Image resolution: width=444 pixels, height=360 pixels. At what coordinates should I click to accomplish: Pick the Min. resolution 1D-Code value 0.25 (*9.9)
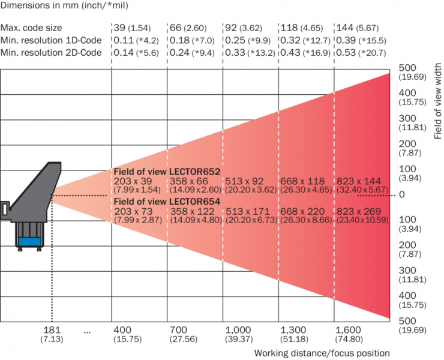[x=250, y=40]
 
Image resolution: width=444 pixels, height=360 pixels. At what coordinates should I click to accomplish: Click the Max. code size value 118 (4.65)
[x=305, y=28]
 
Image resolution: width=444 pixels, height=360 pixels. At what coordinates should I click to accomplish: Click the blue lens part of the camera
[x=29, y=241]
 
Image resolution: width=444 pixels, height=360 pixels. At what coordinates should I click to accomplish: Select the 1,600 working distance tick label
[x=350, y=331]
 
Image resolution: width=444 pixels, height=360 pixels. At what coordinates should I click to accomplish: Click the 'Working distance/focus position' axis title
[x=322, y=353]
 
